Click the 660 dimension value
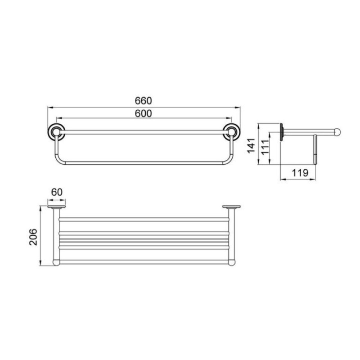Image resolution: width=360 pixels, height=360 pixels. [x=143, y=101]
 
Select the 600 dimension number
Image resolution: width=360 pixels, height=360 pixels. [x=143, y=113]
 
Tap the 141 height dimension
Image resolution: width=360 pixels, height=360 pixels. [x=251, y=145]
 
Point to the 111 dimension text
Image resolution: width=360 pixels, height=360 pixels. [x=265, y=147]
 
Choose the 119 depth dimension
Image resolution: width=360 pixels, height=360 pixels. [x=300, y=173]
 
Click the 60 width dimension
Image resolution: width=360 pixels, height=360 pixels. [x=57, y=192]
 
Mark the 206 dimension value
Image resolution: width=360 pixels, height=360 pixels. [x=33, y=237]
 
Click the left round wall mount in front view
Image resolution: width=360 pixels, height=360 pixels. [x=56, y=132]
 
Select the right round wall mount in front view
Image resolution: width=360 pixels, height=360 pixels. [x=232, y=132]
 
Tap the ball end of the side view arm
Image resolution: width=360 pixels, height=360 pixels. [x=337, y=132]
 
